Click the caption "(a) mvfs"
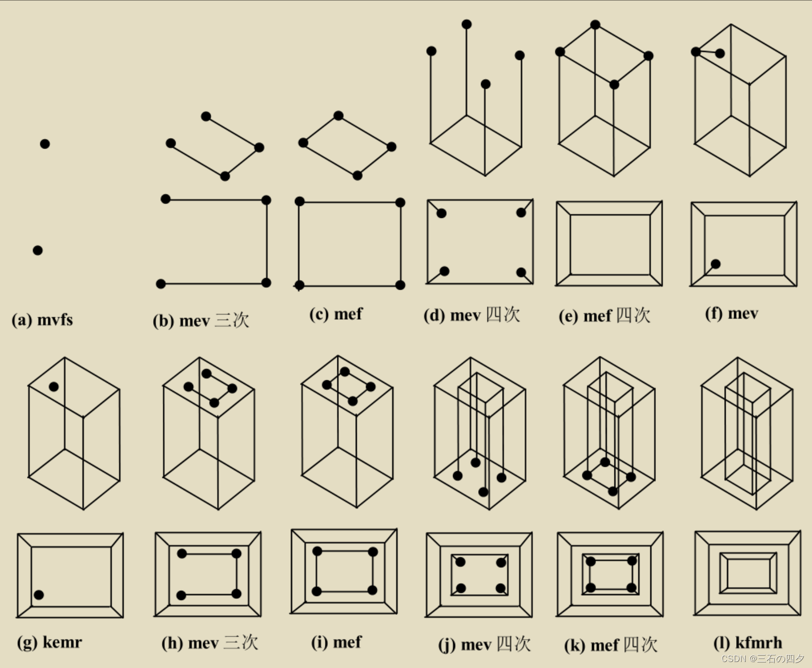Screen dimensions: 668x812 coord(42,320)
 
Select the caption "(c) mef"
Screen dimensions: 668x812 coord(336,314)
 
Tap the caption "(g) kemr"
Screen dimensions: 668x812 coord(49,642)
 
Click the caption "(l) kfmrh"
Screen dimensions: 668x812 coord(747,643)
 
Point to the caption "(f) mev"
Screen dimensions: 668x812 coord(731,313)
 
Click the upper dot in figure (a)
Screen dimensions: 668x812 coord(45,144)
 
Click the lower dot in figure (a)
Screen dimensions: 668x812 coord(38,250)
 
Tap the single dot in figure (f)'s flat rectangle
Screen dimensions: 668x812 coord(716,264)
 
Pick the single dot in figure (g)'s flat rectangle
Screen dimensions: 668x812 coord(39,595)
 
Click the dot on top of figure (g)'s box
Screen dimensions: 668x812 coord(54,386)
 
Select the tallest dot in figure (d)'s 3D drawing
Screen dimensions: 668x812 coord(467,24)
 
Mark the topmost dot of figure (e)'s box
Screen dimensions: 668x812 coord(595,24)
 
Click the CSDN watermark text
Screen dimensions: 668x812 coord(762,659)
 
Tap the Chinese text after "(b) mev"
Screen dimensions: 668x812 coord(232,320)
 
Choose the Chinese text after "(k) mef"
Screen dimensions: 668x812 coord(640,645)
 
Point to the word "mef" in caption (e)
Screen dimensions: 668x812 coord(597,316)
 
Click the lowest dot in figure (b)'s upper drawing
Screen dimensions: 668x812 coord(225,176)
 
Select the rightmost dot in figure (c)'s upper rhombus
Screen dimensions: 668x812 coord(391,147)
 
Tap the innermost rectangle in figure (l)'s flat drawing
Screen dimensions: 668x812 coord(748,573)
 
